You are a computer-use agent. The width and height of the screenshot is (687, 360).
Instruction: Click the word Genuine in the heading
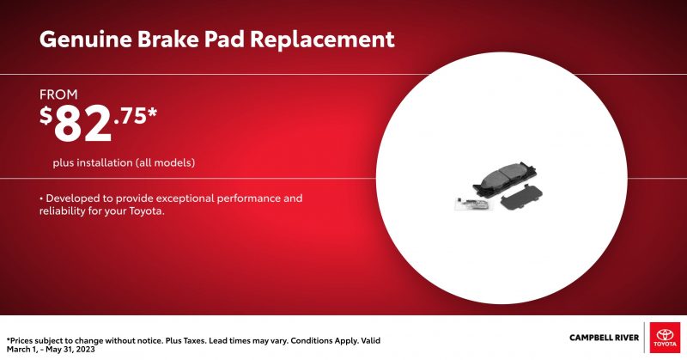pos(85,40)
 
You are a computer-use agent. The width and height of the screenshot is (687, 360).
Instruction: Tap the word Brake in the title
pos(167,39)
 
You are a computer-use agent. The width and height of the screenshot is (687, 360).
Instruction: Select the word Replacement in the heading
pos(322,40)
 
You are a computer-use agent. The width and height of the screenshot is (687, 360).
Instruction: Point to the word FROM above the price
pos(58,95)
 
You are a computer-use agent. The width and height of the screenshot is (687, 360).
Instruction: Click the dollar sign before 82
pos(46,116)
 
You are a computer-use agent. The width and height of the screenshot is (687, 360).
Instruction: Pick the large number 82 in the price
pos(82,124)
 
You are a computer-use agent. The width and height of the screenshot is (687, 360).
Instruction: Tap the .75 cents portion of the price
pos(130,117)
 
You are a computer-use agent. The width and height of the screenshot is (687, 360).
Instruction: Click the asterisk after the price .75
pos(152,113)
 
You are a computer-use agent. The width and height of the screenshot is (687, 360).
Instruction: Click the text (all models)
pos(165,162)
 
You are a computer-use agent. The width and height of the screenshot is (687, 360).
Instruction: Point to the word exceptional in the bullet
pos(185,198)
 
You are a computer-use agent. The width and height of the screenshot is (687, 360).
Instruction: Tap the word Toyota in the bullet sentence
pos(146,211)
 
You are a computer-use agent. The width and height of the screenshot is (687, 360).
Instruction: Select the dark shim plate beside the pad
pos(521,198)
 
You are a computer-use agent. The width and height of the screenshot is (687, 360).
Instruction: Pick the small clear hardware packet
pos(476,204)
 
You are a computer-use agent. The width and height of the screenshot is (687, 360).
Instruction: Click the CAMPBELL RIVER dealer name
pos(605,338)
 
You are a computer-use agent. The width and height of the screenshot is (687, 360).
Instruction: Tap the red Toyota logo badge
pos(665,337)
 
